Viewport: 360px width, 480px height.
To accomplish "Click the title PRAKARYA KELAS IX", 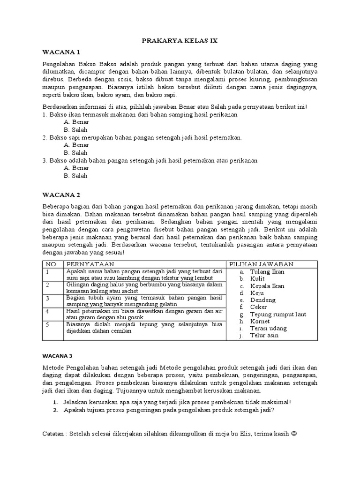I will [x=180, y=41].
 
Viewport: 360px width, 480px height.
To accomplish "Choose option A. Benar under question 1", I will [x=76, y=122].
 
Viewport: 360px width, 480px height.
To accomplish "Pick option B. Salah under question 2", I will [x=75, y=153].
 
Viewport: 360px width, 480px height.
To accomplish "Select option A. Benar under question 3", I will [x=76, y=168].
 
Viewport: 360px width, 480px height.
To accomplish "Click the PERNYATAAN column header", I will [x=89, y=264].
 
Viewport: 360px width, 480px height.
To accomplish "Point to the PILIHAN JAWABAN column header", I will [x=261, y=264].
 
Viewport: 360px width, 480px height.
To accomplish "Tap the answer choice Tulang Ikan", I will [x=267, y=271].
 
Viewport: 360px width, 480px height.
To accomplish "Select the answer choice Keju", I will [x=258, y=293].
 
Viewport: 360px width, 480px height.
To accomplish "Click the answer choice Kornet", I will [x=260, y=322].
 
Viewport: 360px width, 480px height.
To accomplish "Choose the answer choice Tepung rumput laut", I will [x=278, y=314].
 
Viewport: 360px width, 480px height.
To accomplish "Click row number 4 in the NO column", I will [x=48, y=311].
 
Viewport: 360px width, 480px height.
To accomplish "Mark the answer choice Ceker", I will [x=259, y=307].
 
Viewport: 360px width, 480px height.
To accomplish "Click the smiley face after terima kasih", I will [x=294, y=433].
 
